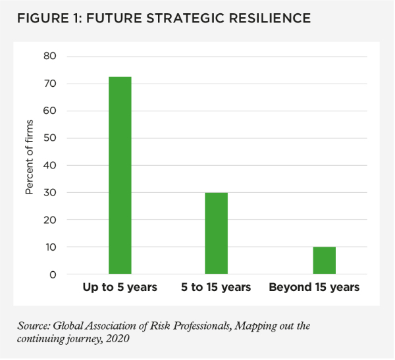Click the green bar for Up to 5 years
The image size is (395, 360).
(x=120, y=175)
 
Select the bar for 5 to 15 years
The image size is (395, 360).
(x=216, y=233)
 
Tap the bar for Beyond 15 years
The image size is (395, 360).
(x=325, y=261)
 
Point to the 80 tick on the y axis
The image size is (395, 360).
(x=50, y=57)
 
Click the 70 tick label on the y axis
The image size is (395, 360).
(x=50, y=84)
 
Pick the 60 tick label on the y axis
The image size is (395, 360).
(x=50, y=111)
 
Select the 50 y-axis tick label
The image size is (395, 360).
(x=50, y=138)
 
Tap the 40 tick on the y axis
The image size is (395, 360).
(x=50, y=165)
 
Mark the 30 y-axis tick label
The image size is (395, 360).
(x=50, y=193)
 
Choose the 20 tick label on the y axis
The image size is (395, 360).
(x=50, y=220)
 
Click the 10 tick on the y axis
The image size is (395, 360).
(x=50, y=247)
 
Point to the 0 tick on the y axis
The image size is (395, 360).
(x=53, y=274)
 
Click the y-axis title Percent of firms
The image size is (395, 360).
(x=29, y=165)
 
